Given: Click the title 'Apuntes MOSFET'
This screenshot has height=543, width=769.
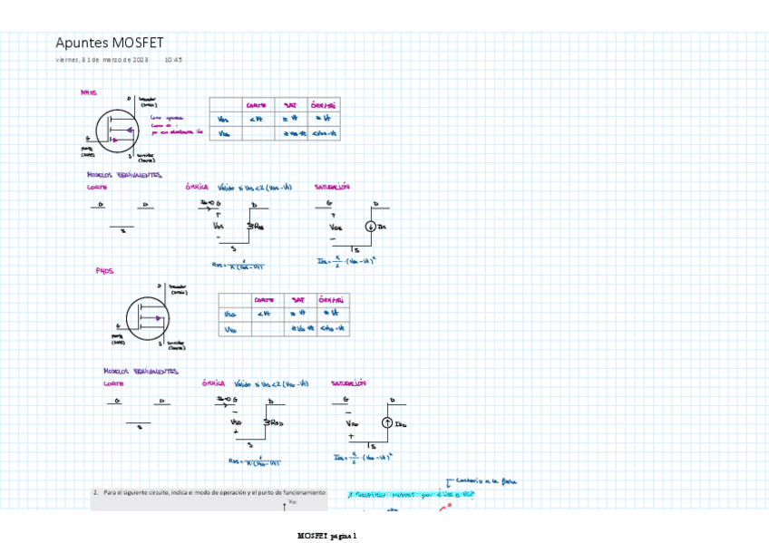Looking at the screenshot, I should (x=109, y=43).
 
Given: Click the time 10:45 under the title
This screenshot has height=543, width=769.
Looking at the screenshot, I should (x=173, y=60).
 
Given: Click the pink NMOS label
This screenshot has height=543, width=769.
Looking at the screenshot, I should (x=88, y=92).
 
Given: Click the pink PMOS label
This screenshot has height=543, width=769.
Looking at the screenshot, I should (x=104, y=271).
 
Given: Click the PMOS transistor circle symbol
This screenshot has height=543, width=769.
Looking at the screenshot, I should (x=147, y=318).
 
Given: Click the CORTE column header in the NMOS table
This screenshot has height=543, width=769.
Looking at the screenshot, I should (x=256, y=105).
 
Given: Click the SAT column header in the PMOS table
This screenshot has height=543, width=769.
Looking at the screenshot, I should (x=298, y=300).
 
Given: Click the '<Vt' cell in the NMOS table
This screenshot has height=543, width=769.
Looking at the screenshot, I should (x=258, y=119).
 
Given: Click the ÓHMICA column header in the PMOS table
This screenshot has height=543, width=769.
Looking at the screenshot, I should (x=330, y=300).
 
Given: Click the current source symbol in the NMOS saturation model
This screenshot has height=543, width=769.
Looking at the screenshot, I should (x=371, y=227).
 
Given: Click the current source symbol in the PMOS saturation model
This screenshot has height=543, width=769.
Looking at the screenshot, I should (x=386, y=423).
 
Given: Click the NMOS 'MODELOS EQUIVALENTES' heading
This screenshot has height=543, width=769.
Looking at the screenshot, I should (x=124, y=175).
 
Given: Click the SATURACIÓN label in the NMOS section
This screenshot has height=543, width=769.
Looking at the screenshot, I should (x=332, y=188).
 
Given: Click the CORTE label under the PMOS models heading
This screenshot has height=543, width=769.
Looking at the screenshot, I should (x=113, y=383).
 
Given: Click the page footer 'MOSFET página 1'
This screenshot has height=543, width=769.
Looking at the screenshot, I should (x=327, y=536).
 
